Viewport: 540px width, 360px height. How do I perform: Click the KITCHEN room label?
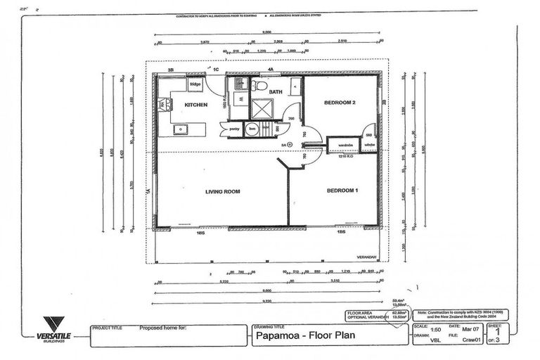(x=195, y=105)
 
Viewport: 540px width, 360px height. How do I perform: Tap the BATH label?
(x=275, y=92)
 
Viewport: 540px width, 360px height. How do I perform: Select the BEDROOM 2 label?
(x=340, y=103)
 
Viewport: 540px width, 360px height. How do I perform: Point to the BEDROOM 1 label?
(x=342, y=191)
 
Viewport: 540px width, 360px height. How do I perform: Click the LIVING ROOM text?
(x=222, y=191)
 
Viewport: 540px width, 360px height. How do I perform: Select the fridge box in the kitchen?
(x=195, y=84)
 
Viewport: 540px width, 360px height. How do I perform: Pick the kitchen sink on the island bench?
(x=181, y=129)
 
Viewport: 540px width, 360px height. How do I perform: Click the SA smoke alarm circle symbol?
(x=303, y=145)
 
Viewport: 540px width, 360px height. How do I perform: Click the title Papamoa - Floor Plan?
(x=304, y=335)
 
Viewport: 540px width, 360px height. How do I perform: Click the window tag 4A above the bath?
(x=270, y=70)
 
